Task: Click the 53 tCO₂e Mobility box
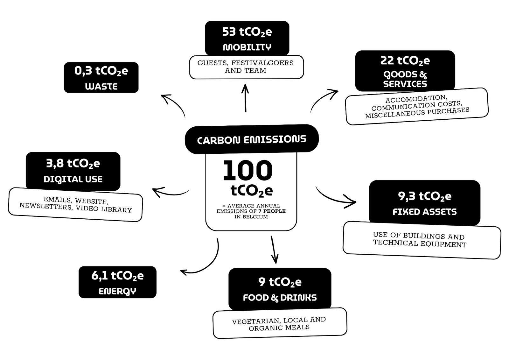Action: click(247, 38)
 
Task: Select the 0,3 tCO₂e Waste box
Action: click(101, 78)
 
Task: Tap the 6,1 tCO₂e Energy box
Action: click(117, 282)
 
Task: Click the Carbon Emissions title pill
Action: click(252, 139)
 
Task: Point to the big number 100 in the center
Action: click(248, 171)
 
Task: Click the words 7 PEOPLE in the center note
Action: click(272, 211)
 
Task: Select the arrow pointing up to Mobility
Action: click(245, 98)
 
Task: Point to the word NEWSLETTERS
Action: click(46, 206)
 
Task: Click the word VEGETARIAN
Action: click(256, 321)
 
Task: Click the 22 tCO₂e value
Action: click(405, 61)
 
